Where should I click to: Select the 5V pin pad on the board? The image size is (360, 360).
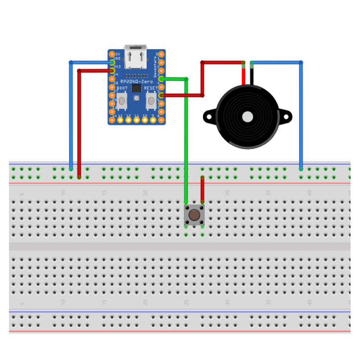click(112, 54)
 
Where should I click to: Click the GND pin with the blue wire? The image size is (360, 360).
click(112, 62)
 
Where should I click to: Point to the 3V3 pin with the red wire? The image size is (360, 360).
click(112, 71)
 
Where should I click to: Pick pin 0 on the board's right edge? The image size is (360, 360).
click(161, 54)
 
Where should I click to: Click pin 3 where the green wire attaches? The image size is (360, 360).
click(161, 79)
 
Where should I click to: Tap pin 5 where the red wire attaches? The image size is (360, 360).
click(161, 95)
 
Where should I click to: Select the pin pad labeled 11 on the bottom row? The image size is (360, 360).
click(136, 120)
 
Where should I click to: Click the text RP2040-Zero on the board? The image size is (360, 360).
click(136, 81)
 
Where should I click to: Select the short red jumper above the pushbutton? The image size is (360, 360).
click(202, 189)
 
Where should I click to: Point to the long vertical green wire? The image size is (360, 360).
click(186, 144)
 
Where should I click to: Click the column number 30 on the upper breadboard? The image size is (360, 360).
click(227, 192)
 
